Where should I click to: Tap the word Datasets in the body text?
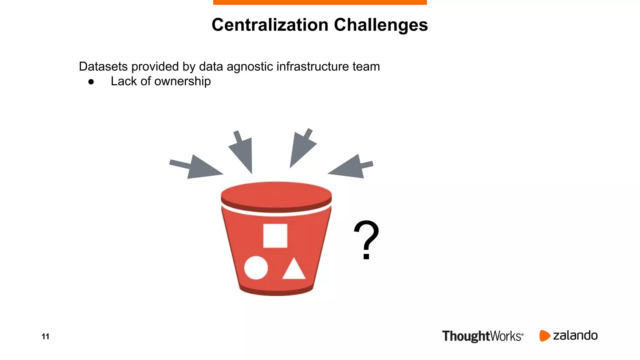tap(103, 67)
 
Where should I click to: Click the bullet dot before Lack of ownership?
tap(91, 82)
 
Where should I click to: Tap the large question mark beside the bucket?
tap(366, 240)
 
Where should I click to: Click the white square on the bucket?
tap(275, 236)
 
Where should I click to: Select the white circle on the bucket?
tap(256, 268)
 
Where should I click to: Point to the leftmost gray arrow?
tap(197, 167)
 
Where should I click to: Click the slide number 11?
tap(45, 337)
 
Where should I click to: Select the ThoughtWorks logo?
tap(482, 336)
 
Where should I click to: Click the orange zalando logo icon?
tap(544, 336)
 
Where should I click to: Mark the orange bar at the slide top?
tap(320, 2)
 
